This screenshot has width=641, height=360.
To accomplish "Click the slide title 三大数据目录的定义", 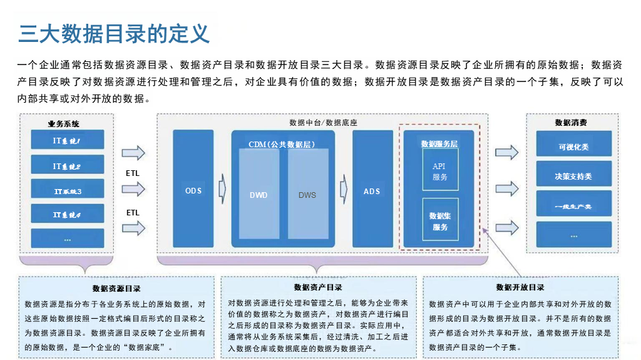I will click(114, 33).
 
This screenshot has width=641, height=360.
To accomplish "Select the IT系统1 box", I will click(67, 142).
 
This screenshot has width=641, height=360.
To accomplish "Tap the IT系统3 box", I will click(67, 190).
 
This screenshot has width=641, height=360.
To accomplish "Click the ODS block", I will click(193, 190).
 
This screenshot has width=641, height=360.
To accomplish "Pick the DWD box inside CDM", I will click(259, 195).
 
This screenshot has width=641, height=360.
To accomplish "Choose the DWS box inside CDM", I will click(307, 195).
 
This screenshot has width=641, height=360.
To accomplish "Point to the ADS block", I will click(372, 190).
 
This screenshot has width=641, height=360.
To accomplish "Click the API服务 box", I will click(440, 171).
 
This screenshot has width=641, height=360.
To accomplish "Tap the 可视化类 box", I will click(573, 147).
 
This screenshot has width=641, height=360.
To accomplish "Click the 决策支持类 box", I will click(573, 175).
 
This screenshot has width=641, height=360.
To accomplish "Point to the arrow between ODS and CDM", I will click(222, 188).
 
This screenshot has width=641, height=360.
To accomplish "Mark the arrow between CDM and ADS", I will click(343, 188).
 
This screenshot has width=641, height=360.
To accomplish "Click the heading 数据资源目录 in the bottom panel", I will click(116, 289).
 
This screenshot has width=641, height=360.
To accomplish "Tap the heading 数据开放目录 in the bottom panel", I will click(520, 287).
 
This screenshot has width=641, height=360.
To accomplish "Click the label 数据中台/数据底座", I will click(324, 122).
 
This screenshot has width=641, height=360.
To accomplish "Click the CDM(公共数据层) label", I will click(281, 145).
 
